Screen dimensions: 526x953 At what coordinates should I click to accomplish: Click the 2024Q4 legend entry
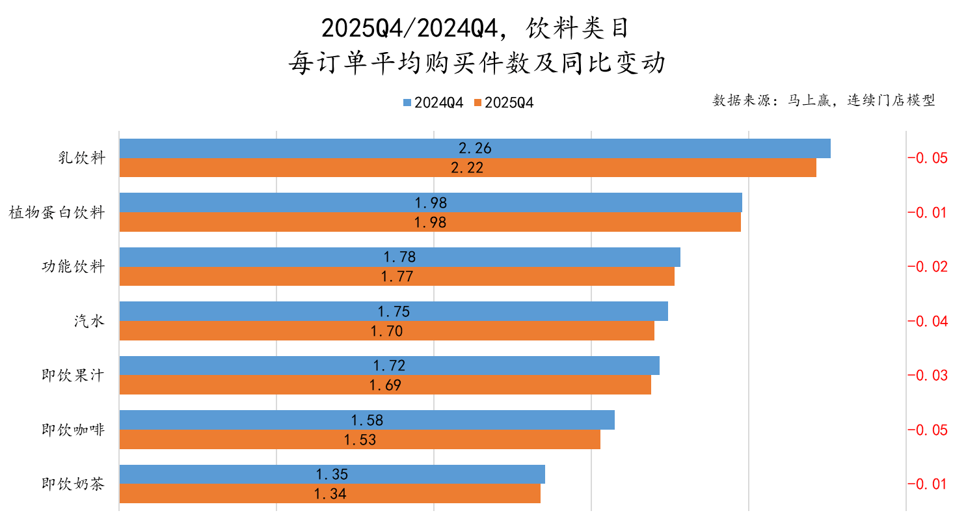(433, 102)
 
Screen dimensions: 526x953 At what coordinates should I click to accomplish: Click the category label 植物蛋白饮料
(57, 212)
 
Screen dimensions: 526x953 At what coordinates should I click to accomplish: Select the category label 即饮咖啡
(73, 430)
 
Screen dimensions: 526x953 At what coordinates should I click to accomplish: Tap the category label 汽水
(89, 321)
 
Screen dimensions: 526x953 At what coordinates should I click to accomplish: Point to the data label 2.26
(475, 148)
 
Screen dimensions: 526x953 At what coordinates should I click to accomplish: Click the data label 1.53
(360, 439)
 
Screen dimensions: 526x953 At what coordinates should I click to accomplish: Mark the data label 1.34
(330, 494)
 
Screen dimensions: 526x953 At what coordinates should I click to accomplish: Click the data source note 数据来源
(824, 100)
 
